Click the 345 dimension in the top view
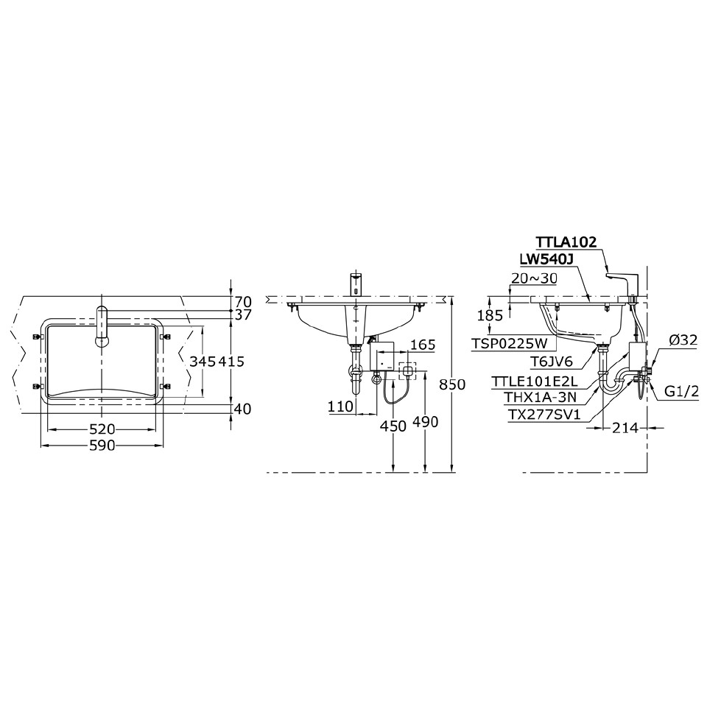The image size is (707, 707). pyautogui.click(x=202, y=362)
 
